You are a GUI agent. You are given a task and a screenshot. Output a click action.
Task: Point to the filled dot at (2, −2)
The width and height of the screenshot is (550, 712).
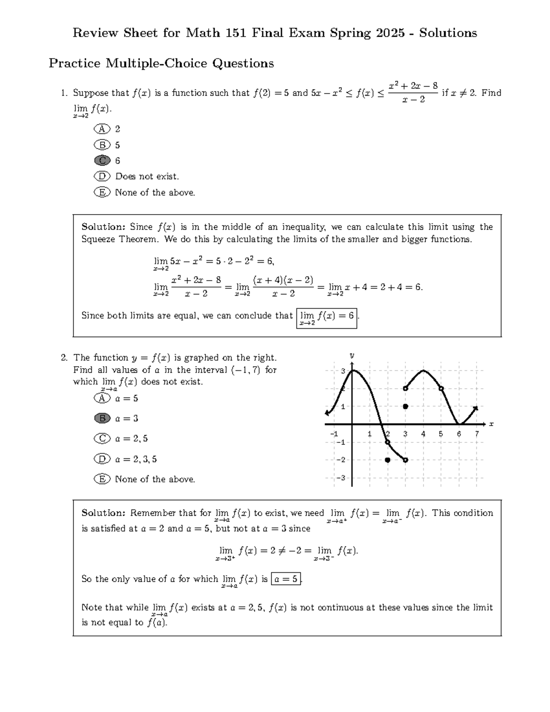coord(388,460)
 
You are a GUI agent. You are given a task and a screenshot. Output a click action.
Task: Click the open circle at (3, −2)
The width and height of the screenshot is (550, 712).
coord(406,460)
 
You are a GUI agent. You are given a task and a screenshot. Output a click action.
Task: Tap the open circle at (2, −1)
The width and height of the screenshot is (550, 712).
coord(388,442)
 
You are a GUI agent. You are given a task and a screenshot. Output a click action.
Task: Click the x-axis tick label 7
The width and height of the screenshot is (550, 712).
coord(477,434)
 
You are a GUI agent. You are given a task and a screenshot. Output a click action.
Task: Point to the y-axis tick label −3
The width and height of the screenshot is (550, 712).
coord(340,478)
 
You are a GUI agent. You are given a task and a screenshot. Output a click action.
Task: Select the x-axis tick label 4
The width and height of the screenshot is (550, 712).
coord(423,434)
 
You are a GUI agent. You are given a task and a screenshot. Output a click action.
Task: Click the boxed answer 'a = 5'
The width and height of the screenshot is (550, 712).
coord(286,579)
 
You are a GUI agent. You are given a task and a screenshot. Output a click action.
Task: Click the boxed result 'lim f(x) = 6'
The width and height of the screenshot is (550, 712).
coord(327,318)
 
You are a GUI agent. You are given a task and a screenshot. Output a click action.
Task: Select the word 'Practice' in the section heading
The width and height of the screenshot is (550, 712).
coord(75,63)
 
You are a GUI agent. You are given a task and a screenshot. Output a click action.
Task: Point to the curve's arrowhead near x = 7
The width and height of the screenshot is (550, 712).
coord(476,408)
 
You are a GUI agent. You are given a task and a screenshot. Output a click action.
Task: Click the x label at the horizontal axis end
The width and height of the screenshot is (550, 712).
coord(491,424)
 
